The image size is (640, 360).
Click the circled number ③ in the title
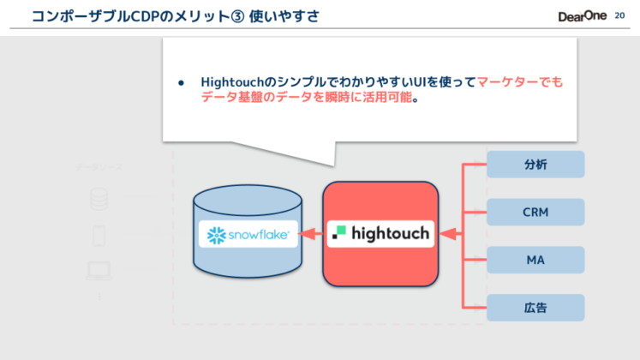click(x=232, y=15)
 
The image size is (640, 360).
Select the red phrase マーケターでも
click(x=520, y=82)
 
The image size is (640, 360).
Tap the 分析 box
click(x=535, y=164)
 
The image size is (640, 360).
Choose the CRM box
click(x=535, y=212)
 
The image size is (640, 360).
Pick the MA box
click(x=535, y=260)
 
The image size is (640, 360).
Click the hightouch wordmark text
click(x=391, y=233)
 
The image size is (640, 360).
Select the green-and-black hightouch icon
click(x=340, y=232)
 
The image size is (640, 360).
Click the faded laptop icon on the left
click(x=99, y=272)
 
